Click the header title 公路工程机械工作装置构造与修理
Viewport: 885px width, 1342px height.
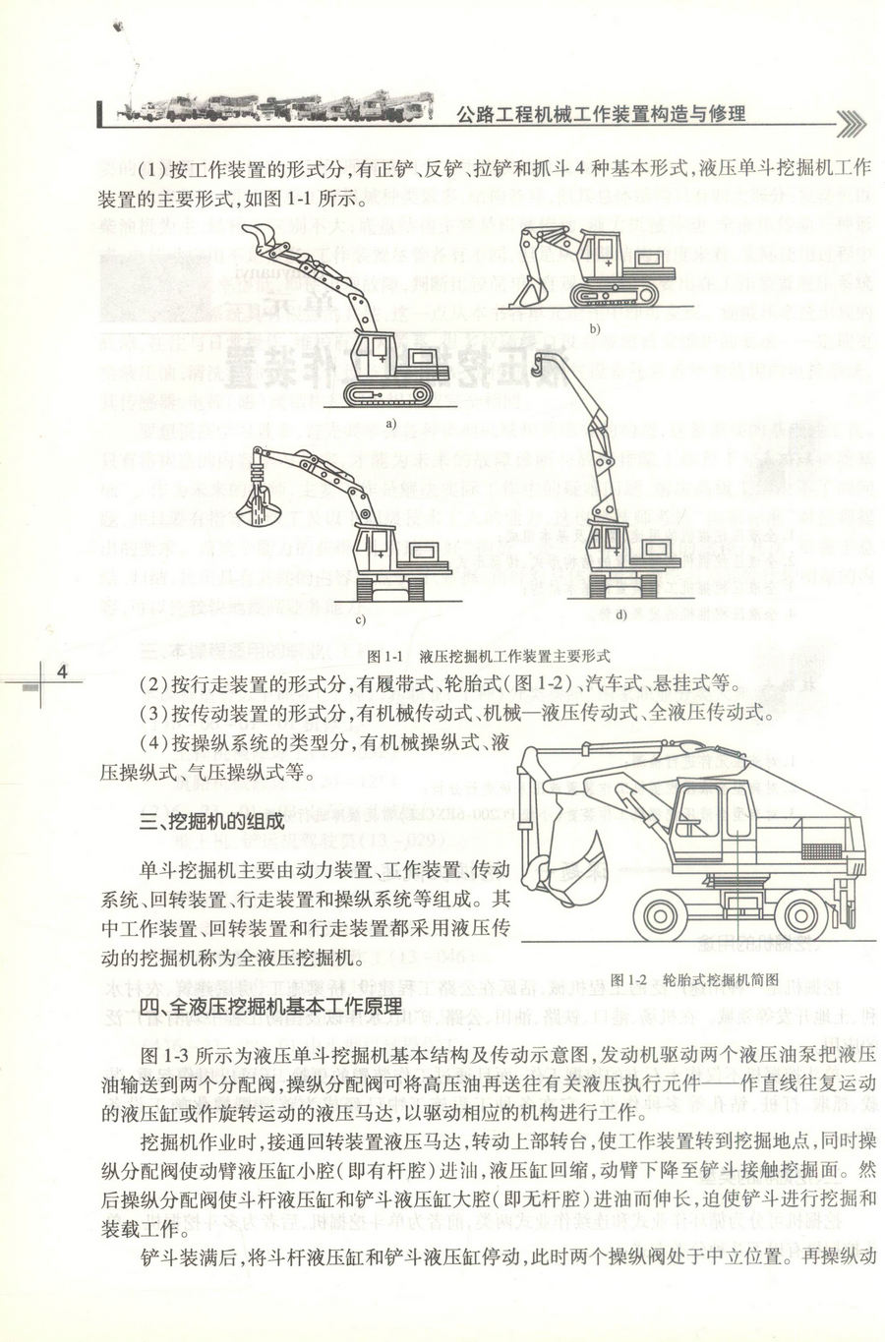click(x=602, y=113)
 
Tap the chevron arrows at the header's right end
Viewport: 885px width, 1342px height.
click(x=852, y=121)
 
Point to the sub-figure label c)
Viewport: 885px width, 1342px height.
click(x=360, y=619)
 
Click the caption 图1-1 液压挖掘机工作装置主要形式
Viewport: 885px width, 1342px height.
click(x=488, y=655)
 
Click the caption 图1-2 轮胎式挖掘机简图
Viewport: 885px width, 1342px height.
click(x=694, y=979)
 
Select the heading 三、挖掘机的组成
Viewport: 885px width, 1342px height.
click(x=211, y=821)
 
